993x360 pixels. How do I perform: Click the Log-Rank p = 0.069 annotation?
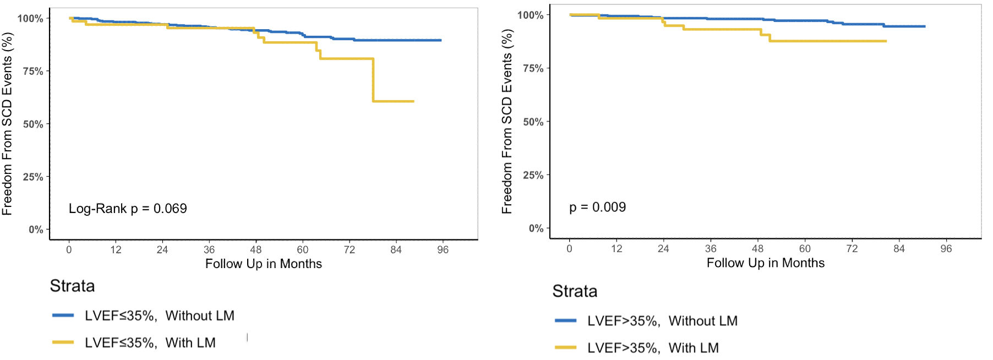tap(128, 209)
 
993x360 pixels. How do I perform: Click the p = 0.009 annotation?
tap(597, 208)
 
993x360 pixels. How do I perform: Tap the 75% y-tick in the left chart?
tap(33, 71)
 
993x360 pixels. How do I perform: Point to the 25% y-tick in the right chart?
tap(533, 175)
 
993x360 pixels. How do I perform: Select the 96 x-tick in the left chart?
tap(443, 250)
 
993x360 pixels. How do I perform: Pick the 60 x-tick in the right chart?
tap(805, 249)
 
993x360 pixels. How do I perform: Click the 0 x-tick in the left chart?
tap(69, 250)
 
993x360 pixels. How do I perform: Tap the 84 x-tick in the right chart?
tap(899, 249)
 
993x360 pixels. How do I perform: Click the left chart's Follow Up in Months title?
tap(263, 264)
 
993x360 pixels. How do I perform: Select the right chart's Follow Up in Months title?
tap(765, 263)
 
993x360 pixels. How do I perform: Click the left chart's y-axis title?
tap(7, 124)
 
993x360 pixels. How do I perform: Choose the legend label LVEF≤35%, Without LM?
tap(159, 316)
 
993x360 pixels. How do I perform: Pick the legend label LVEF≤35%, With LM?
tap(150, 343)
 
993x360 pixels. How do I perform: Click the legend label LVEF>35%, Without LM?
tap(662, 321)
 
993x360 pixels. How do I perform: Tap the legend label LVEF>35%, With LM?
tap(653, 348)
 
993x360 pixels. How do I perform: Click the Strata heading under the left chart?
tap(72, 286)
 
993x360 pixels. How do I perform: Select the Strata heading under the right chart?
tap(575, 291)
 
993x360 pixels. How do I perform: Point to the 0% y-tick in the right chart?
tap(536, 228)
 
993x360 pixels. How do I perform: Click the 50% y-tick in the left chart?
tap(33, 124)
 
